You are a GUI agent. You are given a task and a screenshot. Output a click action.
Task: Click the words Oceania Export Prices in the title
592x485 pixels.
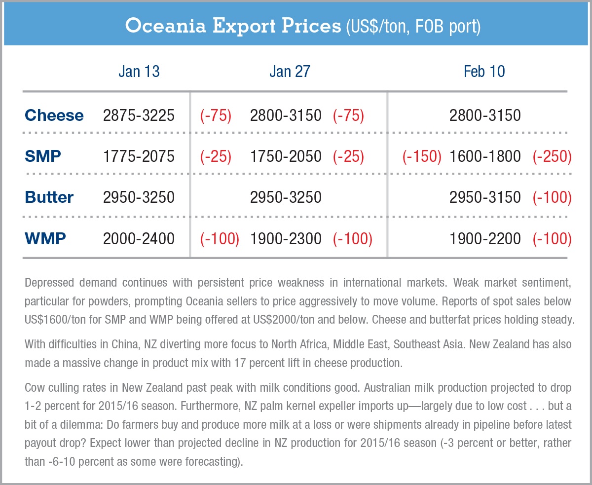point(232,26)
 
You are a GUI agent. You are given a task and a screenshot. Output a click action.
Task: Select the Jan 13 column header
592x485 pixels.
point(139,72)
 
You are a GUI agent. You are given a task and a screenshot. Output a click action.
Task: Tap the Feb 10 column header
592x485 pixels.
point(484,72)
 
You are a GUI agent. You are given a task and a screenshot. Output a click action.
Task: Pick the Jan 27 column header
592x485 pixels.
point(290,72)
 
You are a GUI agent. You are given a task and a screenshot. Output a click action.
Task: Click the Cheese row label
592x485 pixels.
point(54,115)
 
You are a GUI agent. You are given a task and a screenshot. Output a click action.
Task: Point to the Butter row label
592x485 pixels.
point(49,197)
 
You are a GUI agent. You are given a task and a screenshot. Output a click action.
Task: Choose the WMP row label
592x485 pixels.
point(45,239)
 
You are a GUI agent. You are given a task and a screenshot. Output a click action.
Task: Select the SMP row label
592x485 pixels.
point(43,156)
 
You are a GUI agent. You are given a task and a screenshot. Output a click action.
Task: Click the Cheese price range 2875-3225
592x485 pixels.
point(139,115)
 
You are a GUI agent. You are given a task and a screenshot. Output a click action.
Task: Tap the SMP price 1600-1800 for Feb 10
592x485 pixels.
point(485,156)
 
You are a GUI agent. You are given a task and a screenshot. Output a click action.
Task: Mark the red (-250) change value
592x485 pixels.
point(552,156)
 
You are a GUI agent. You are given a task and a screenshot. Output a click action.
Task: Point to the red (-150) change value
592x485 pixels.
point(422,156)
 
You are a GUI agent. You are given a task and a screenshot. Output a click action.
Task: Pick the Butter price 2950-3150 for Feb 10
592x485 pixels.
point(485,197)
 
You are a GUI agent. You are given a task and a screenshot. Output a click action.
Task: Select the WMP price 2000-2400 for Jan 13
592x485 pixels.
point(139,239)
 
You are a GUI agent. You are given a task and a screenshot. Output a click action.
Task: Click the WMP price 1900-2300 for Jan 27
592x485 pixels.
point(286,239)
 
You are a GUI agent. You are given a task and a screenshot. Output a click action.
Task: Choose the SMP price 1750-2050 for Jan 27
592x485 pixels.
point(286,156)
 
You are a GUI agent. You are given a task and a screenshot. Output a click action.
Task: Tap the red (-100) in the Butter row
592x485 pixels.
point(552,197)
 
